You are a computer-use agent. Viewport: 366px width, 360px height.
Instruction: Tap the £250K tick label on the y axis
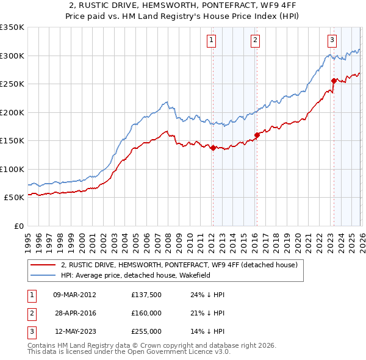tap(12, 84)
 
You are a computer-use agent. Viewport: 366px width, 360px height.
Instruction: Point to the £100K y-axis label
tap(12, 169)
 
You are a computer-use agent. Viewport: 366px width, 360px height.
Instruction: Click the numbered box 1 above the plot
tap(211, 41)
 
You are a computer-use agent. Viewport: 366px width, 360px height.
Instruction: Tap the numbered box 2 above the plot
tap(254, 41)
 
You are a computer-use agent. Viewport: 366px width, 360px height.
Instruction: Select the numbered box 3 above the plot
tap(332, 41)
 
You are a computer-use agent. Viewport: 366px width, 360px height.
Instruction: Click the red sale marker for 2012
tap(213, 148)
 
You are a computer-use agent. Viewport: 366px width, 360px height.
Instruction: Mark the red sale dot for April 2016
tap(257, 135)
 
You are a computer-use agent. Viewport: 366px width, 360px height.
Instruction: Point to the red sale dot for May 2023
tap(334, 81)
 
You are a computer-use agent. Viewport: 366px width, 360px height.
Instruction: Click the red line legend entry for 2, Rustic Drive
tap(179, 265)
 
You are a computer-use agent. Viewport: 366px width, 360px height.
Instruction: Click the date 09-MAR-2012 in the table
tap(75, 294)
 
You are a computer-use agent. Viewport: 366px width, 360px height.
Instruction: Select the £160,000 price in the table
tap(146, 313)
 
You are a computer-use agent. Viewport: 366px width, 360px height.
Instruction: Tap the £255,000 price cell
tap(146, 332)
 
